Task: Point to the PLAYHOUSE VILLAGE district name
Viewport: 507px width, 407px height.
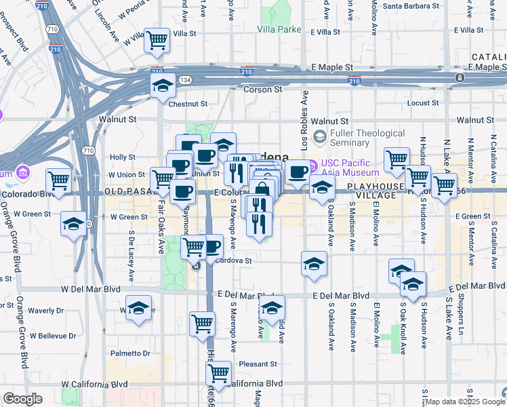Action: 376,189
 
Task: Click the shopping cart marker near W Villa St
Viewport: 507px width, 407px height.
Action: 157,40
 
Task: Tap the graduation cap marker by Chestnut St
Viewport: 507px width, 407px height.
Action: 163,87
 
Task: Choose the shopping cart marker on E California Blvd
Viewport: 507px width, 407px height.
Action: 218,372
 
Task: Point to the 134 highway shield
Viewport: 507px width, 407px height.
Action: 184,80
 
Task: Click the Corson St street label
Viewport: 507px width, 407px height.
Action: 258,89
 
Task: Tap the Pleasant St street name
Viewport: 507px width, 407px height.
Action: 258,364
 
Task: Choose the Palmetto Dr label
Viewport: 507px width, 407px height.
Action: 131,353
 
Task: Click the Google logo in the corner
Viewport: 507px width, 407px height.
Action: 22,399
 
